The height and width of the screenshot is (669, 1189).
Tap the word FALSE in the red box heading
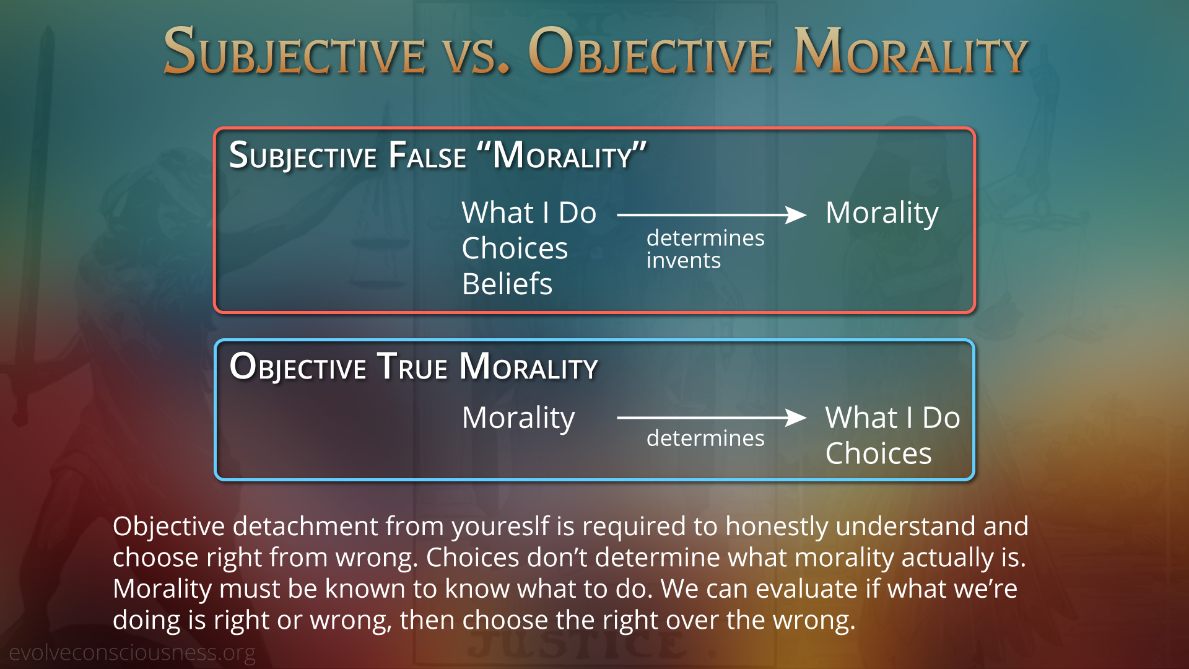point(427,155)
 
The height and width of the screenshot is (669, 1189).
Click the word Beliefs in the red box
point(507,284)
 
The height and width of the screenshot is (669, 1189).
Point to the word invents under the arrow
point(684,261)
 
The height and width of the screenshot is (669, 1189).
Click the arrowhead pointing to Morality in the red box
point(796,215)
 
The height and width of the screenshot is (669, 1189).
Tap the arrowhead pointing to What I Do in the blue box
point(796,418)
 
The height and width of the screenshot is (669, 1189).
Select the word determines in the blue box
point(705,438)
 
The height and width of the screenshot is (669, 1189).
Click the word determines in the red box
point(705,238)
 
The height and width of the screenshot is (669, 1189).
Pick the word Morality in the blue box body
point(518,418)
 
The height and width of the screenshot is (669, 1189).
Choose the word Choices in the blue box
point(878,453)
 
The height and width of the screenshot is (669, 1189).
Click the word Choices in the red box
point(515,248)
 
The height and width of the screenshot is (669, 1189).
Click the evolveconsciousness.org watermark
point(132,653)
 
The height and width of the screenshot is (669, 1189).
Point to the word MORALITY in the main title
point(910,52)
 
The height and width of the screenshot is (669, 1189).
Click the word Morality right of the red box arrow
point(882,214)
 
